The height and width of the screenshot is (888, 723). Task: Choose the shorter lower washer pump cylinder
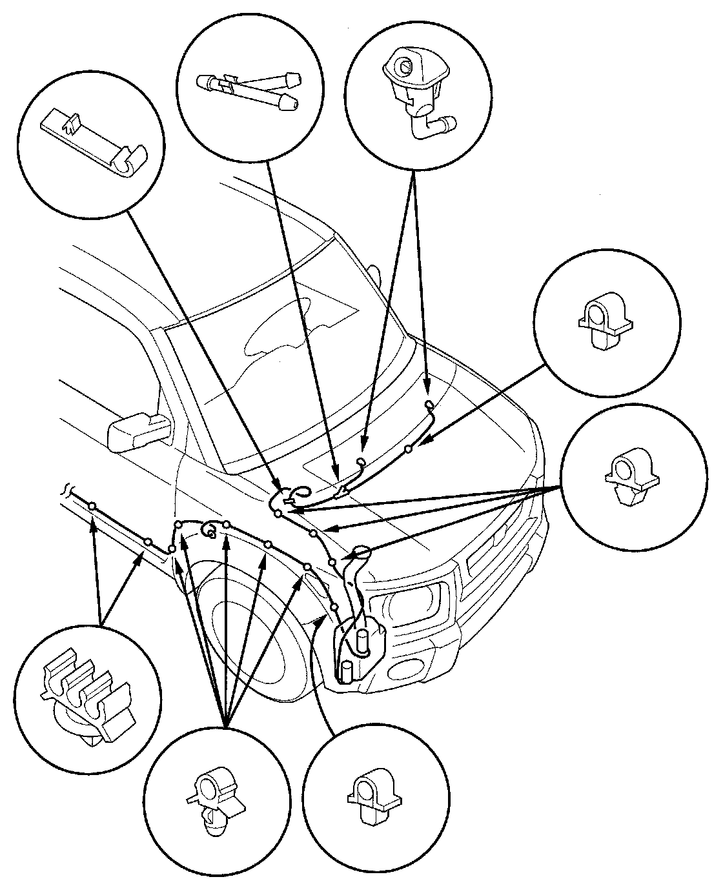pos(347,671)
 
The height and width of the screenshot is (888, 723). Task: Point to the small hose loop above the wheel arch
pos(209,530)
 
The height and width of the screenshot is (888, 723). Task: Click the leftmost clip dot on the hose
pos(93,505)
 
